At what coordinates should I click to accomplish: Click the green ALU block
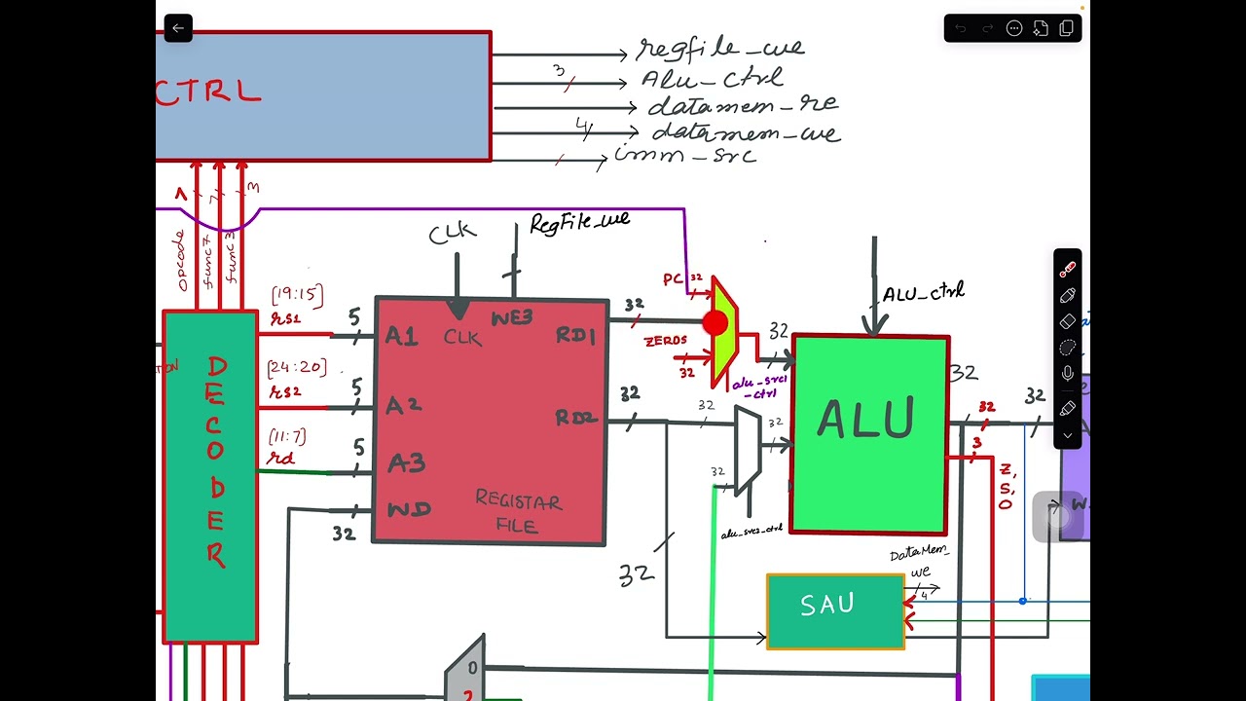[x=869, y=433]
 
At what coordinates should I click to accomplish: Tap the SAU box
[x=835, y=610]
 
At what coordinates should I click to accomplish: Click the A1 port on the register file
[x=401, y=336]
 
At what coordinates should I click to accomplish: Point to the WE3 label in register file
[x=511, y=318]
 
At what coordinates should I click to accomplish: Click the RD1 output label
[x=575, y=335]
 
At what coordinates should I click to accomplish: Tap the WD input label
[x=409, y=509]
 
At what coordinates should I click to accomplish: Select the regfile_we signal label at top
[x=720, y=48]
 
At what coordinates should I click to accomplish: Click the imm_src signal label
[x=685, y=156]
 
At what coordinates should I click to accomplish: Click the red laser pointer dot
[x=715, y=323]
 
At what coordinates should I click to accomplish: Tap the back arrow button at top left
[x=178, y=28]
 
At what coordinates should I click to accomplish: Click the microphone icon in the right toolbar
[x=1068, y=374]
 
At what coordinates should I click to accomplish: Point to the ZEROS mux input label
[x=665, y=341]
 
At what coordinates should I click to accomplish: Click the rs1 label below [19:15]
[x=285, y=318]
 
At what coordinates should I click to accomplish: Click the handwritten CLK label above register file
[x=453, y=233]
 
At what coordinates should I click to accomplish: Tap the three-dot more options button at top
[x=1014, y=28]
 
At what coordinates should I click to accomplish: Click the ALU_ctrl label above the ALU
[x=923, y=292]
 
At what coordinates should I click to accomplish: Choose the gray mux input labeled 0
[x=472, y=668]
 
